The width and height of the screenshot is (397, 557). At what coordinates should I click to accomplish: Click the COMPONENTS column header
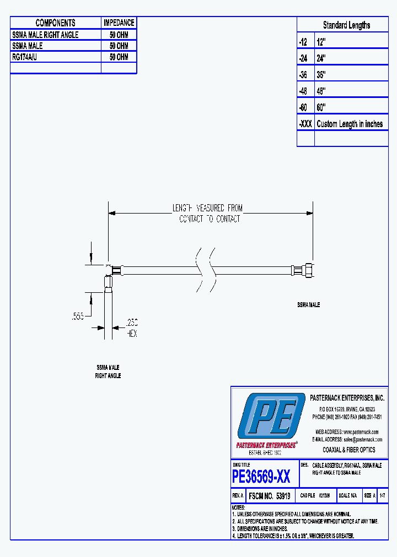55,23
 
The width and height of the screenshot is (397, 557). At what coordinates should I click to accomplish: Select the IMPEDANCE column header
119,23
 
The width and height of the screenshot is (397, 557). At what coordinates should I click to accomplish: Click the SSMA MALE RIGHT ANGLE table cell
45,35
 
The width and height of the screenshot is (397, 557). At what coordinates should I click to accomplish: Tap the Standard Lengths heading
346,25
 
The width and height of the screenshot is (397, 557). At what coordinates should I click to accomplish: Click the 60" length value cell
321,107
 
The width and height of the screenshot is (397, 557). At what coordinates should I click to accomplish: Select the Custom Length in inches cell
350,124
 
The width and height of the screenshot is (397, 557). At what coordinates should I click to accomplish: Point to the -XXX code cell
305,124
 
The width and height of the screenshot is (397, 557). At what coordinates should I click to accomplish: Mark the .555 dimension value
79,316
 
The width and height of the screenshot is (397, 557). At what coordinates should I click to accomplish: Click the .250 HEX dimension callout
132,328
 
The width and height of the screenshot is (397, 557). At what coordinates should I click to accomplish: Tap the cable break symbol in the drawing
205,270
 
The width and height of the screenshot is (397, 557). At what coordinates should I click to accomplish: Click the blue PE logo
271,416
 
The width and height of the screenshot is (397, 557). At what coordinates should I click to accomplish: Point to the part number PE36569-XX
261,476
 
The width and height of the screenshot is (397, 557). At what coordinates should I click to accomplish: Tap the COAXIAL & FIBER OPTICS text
348,450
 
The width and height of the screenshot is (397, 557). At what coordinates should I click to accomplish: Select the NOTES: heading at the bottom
238,507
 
